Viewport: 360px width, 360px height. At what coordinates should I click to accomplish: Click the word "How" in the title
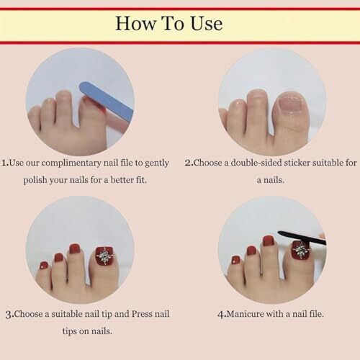(x=135, y=23)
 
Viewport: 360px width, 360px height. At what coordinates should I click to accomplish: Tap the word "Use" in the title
(x=207, y=24)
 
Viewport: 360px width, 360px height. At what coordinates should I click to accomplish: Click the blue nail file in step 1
(x=106, y=101)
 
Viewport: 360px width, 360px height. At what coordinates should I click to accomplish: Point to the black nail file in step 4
(x=302, y=238)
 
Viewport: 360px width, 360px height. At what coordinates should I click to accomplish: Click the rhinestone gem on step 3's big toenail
(x=105, y=256)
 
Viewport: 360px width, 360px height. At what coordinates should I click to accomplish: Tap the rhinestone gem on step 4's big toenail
(x=301, y=250)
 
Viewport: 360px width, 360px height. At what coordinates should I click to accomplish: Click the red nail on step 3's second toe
(x=75, y=248)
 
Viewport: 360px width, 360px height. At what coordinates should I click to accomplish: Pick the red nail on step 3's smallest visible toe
(x=44, y=265)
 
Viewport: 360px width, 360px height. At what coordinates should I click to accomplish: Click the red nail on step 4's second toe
(x=269, y=240)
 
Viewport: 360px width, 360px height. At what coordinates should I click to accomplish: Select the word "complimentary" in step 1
(x=71, y=163)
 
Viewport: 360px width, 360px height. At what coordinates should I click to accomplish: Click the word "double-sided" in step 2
(x=256, y=163)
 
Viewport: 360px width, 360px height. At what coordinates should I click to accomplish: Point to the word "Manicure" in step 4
(x=245, y=314)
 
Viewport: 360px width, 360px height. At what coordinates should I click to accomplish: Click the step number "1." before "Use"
(x=5, y=163)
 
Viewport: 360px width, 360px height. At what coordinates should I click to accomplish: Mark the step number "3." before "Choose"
(x=9, y=314)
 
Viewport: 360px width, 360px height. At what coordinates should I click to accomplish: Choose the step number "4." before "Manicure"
(x=222, y=314)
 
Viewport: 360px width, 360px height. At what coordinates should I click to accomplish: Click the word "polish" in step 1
(x=35, y=180)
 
